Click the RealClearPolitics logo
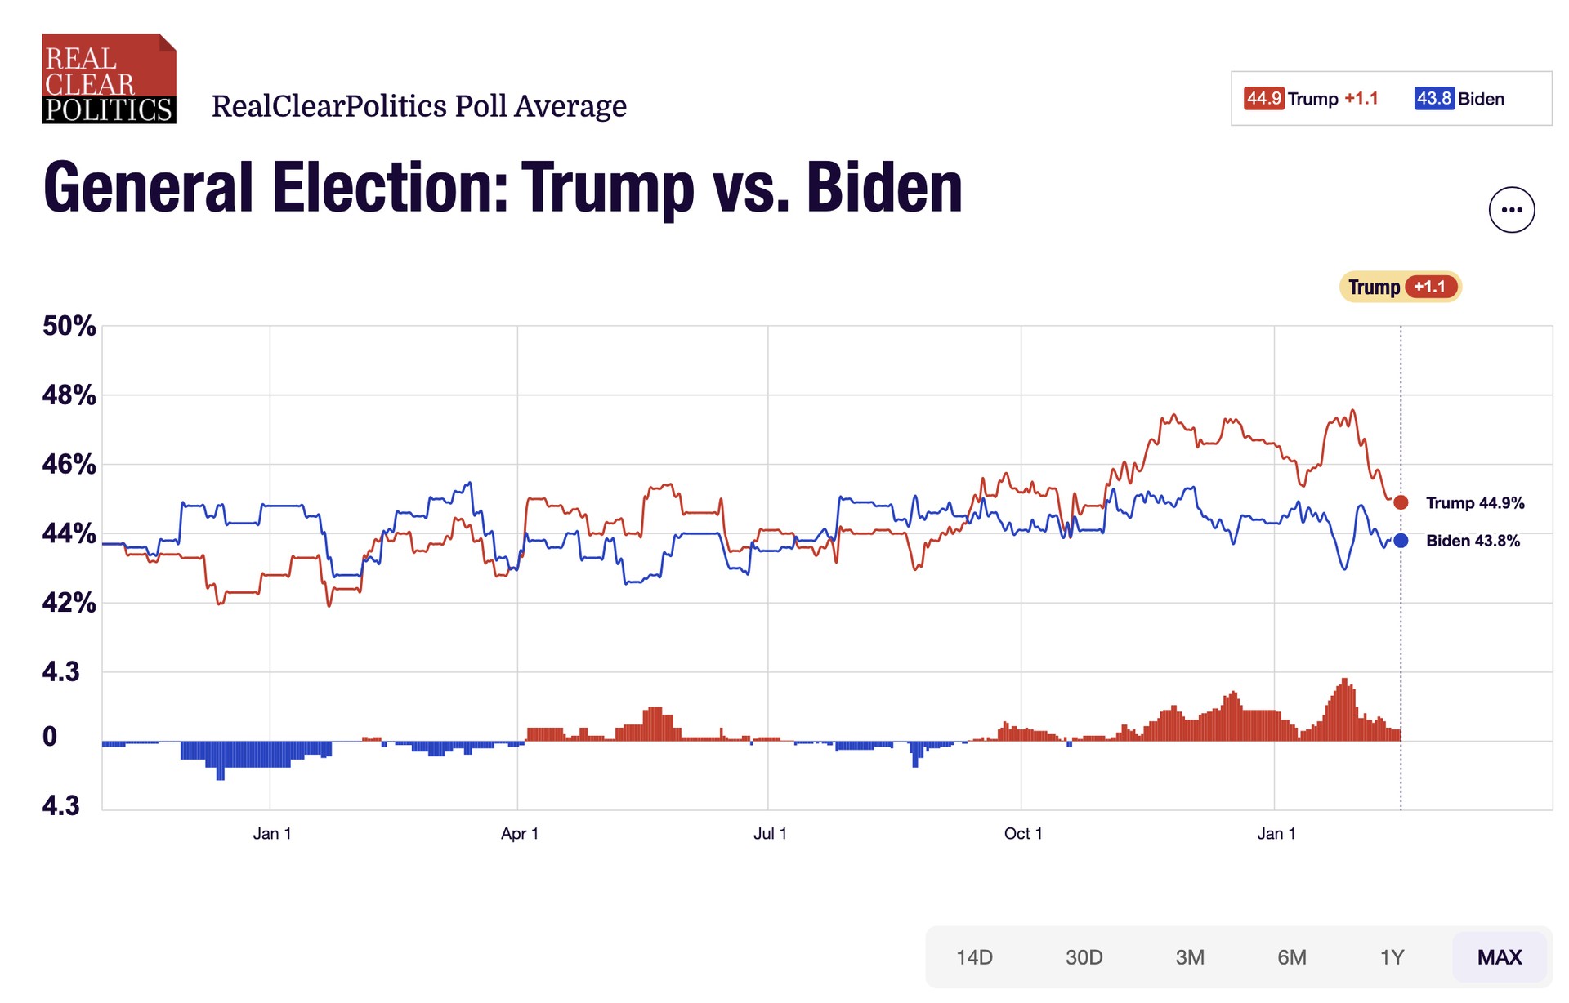coord(109,79)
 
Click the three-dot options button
coord(1511,210)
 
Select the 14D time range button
coord(974,957)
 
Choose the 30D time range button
coord(1084,957)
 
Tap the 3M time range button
coord(1189,957)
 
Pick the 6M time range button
coord(1291,957)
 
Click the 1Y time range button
coord(1392,957)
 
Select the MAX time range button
coord(1500,957)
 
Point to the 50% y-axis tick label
coord(69,326)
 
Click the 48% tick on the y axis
coord(69,395)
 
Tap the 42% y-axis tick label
coord(69,603)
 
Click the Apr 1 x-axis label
coord(520,834)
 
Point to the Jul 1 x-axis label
coord(770,834)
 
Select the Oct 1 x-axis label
coord(1023,834)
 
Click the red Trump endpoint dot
coord(1401,502)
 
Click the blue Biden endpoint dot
coord(1401,540)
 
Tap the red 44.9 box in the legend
coord(1263,99)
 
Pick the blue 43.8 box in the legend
coord(1433,99)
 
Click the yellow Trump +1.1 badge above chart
coord(1400,287)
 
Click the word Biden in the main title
coord(884,188)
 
